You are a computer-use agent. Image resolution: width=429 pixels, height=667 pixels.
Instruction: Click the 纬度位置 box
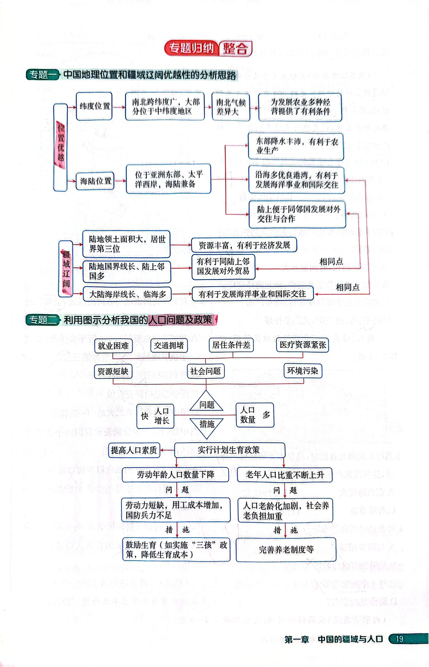(94, 106)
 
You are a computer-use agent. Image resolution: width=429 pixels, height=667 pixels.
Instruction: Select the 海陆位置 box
(95, 181)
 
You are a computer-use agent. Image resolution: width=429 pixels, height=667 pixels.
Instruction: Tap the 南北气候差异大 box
(231, 107)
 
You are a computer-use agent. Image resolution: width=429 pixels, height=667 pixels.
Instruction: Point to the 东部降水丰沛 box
(296, 146)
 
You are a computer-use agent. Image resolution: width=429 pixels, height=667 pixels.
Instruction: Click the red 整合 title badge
(235, 48)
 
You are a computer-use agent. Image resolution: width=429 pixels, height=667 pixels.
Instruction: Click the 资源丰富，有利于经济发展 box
(244, 245)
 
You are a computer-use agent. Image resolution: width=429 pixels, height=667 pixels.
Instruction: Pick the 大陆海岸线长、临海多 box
(127, 294)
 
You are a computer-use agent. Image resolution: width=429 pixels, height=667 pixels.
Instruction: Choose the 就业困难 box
(113, 346)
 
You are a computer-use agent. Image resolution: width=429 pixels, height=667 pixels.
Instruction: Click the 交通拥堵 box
(169, 345)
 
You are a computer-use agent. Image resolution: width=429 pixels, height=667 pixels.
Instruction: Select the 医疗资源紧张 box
(303, 345)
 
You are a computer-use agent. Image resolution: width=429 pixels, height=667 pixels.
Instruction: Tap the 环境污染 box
(303, 371)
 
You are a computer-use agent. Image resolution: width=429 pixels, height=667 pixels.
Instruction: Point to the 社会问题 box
(205, 371)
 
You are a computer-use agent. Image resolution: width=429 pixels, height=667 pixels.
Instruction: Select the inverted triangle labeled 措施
(207, 426)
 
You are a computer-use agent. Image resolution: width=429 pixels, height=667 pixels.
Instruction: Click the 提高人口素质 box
(134, 450)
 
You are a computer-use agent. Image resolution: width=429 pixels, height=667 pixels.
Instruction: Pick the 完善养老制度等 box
(286, 550)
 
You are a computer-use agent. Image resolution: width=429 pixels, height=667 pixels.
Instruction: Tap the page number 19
(399, 639)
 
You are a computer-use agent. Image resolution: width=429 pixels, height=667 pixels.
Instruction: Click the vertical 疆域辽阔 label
(66, 269)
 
